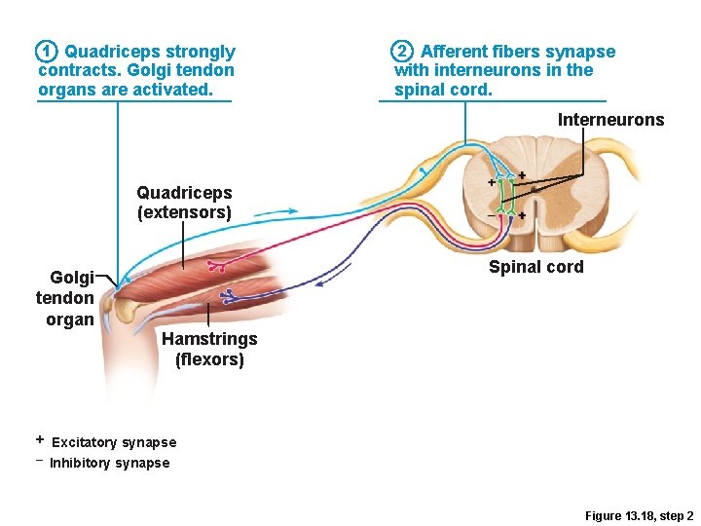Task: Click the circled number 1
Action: click(44, 51)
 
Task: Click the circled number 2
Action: click(401, 51)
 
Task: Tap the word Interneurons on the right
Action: click(610, 120)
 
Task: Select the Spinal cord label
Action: click(535, 267)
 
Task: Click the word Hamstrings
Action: click(209, 339)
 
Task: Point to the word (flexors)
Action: click(209, 359)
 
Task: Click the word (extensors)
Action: click(184, 212)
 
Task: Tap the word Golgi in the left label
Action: click(72, 278)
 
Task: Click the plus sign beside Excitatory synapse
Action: click(40, 440)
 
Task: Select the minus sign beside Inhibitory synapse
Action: click(40, 460)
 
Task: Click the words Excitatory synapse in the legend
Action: click(114, 443)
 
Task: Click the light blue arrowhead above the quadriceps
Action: click(293, 209)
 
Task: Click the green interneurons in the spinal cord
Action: click(505, 195)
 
